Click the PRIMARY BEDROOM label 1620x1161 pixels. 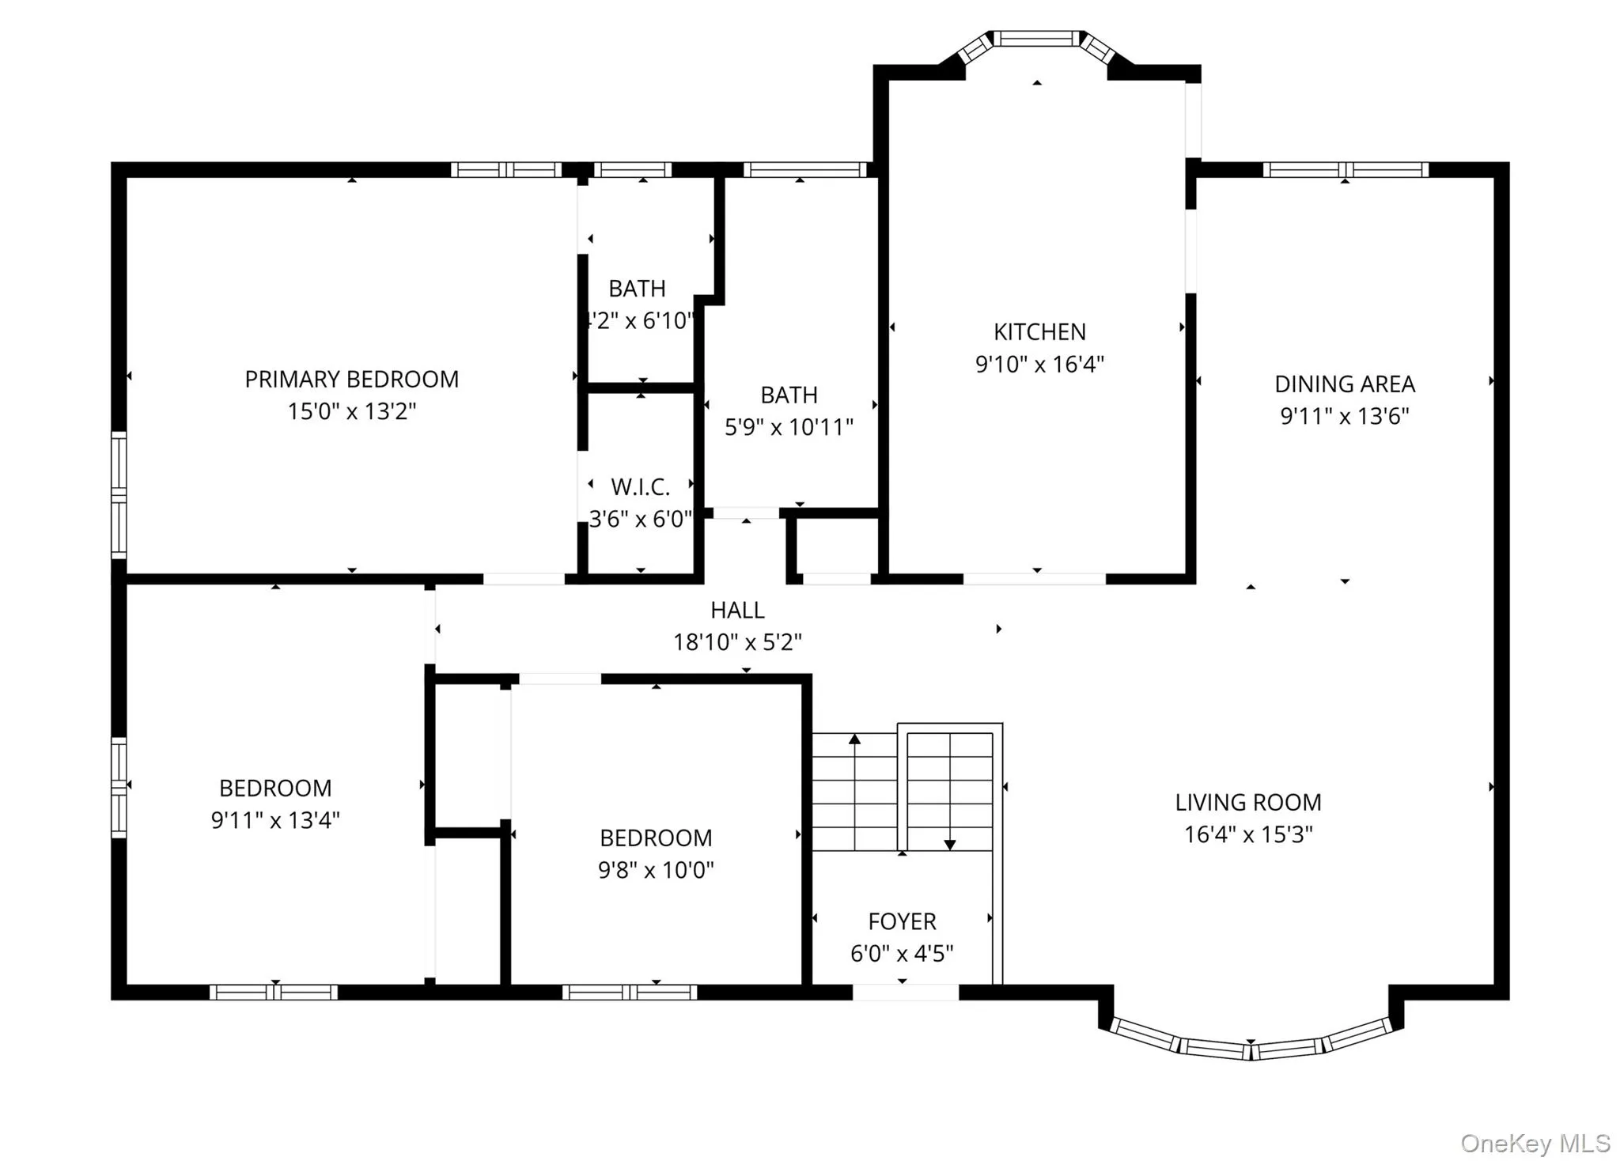pos(351,380)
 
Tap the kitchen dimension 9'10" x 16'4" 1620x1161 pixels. pos(1039,365)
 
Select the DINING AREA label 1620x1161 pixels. pos(1345,384)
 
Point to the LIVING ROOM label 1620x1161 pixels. pos(1247,803)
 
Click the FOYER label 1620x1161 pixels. pos(902,922)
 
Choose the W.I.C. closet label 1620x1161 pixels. pos(640,487)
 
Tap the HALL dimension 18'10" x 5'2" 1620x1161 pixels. pos(737,642)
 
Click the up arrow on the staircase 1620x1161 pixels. pos(854,739)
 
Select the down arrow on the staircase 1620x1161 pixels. pos(950,844)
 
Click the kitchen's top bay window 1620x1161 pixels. pos(1036,39)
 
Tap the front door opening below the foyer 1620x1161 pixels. pos(905,993)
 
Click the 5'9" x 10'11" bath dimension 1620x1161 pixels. pos(789,428)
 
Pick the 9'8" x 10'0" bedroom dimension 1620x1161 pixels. pos(656,871)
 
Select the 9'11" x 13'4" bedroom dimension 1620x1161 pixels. pos(275,821)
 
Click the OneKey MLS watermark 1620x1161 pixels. pos(1535,1144)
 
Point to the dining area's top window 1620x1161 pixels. pos(1345,170)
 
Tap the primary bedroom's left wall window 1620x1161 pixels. pos(119,495)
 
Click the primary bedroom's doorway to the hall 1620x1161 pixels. pos(524,580)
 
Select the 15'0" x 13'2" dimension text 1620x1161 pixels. pos(351,412)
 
